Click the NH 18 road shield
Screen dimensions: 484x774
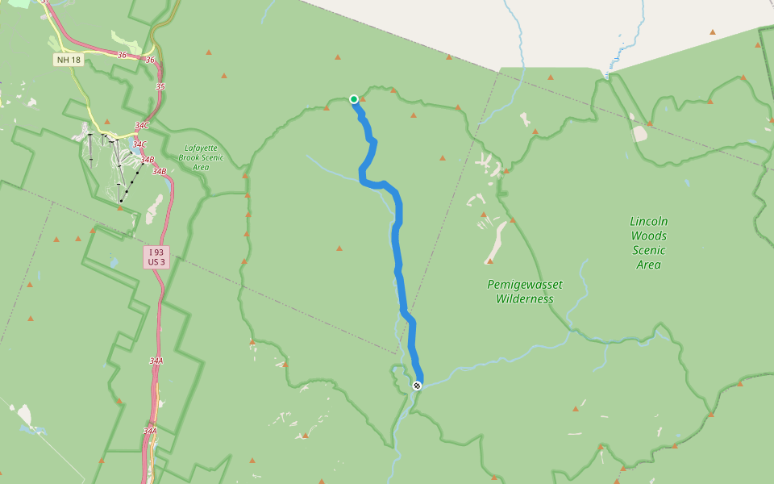click(69, 60)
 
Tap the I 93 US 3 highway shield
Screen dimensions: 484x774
click(156, 257)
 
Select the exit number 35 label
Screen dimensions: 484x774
click(160, 86)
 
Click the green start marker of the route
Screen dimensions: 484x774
click(354, 99)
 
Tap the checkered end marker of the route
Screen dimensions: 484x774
click(417, 386)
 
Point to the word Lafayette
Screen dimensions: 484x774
click(201, 148)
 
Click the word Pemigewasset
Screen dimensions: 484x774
click(525, 285)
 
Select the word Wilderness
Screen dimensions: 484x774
click(525, 298)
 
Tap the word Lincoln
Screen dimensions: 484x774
click(649, 221)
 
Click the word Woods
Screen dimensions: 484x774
click(649, 236)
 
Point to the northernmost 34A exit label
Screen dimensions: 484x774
click(156, 361)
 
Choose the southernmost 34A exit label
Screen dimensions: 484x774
click(150, 431)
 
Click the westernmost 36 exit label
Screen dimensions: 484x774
click(122, 55)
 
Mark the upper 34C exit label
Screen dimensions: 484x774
click(142, 126)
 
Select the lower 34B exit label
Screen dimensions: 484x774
click(159, 171)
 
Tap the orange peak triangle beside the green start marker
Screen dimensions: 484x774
click(363, 99)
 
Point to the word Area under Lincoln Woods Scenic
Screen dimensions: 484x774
click(649, 265)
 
